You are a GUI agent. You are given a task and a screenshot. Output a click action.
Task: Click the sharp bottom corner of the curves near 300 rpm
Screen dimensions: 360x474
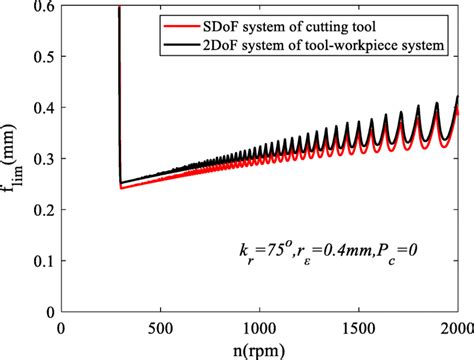coord(121,185)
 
